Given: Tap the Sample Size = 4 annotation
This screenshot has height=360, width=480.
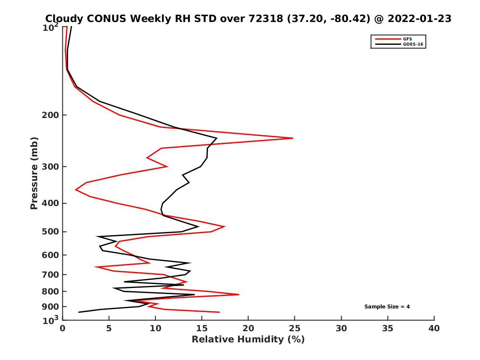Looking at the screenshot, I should [387, 307].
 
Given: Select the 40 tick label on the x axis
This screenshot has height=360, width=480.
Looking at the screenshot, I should [434, 328].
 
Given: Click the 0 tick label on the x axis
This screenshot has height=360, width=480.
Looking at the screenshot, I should [63, 328].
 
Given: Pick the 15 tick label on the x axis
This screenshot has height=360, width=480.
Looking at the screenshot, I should [202, 328].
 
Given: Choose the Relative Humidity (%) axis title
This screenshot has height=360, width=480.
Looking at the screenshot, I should [248, 340].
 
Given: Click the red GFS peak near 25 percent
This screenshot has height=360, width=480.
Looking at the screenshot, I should [293, 138].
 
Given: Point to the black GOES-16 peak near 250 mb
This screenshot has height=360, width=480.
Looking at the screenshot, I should [216, 138].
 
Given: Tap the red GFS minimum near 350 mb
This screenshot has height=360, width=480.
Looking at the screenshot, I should [76, 190].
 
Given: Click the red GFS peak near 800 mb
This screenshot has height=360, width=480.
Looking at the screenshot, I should [239, 294].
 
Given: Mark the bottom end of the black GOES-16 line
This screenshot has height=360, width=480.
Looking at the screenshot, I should [78, 312].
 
